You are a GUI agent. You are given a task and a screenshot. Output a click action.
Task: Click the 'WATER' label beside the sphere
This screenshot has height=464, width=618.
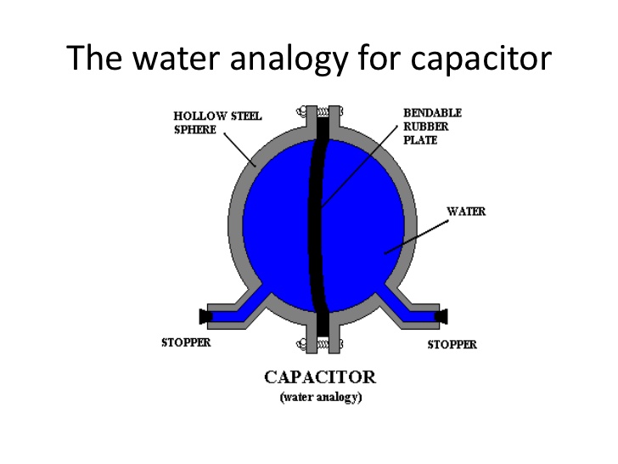click(466, 212)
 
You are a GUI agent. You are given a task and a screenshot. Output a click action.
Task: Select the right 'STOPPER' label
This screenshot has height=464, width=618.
click(452, 344)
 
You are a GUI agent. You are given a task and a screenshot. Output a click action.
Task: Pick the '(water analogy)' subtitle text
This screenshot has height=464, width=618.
click(321, 398)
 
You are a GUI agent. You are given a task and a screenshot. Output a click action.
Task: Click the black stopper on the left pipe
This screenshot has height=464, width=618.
click(205, 316)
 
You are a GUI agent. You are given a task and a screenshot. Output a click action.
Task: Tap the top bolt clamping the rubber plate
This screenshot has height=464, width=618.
click(323, 111)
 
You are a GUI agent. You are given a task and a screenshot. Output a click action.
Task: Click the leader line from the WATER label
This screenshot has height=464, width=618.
click(416, 238)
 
